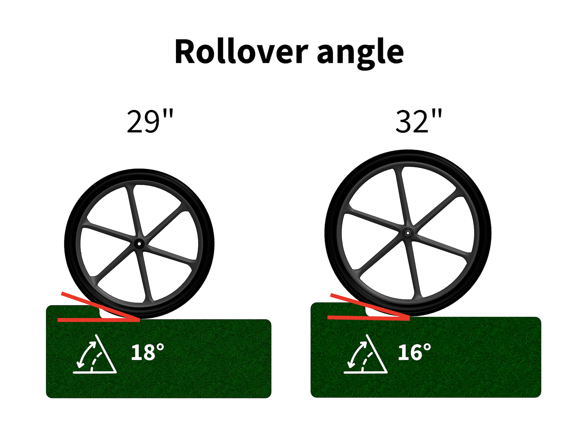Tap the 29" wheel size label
coord(150,122)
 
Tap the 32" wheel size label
coord(418,122)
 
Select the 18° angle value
coord(147,352)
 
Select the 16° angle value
coord(414,352)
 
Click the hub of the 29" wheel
coord(139,244)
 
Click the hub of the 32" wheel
coord(408,233)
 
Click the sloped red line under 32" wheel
coord(367,306)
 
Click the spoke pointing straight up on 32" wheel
coord(403,197)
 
